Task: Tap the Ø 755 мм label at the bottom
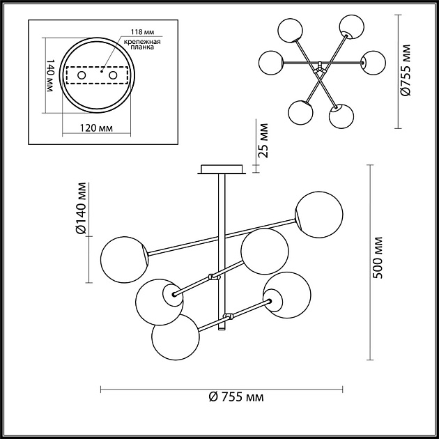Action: [x=236, y=398]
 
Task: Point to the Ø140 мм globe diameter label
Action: [x=82, y=208]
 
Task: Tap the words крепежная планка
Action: [x=143, y=47]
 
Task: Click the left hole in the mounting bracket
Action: [x=81, y=75]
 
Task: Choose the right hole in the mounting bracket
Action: [x=112, y=75]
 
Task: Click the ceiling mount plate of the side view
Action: [x=222, y=169]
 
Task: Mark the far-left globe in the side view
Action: [x=123, y=259]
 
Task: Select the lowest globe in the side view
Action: [x=174, y=337]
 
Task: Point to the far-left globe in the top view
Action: [x=270, y=63]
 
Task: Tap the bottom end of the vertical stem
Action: [x=223, y=328]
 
